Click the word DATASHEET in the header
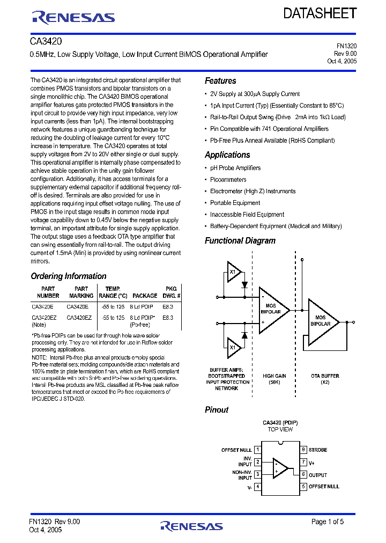(x=320, y=14)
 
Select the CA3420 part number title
(x=46, y=41)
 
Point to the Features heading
(x=220, y=81)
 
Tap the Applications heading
(x=227, y=155)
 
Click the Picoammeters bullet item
(x=228, y=180)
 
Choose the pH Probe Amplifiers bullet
(x=235, y=168)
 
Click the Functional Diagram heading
(x=240, y=241)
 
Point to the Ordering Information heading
(x=69, y=276)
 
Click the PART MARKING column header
(x=81, y=292)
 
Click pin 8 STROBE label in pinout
(x=317, y=450)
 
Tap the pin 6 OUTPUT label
(x=317, y=474)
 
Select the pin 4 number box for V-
(x=258, y=487)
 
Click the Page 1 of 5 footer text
(x=327, y=522)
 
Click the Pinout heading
(x=217, y=410)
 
